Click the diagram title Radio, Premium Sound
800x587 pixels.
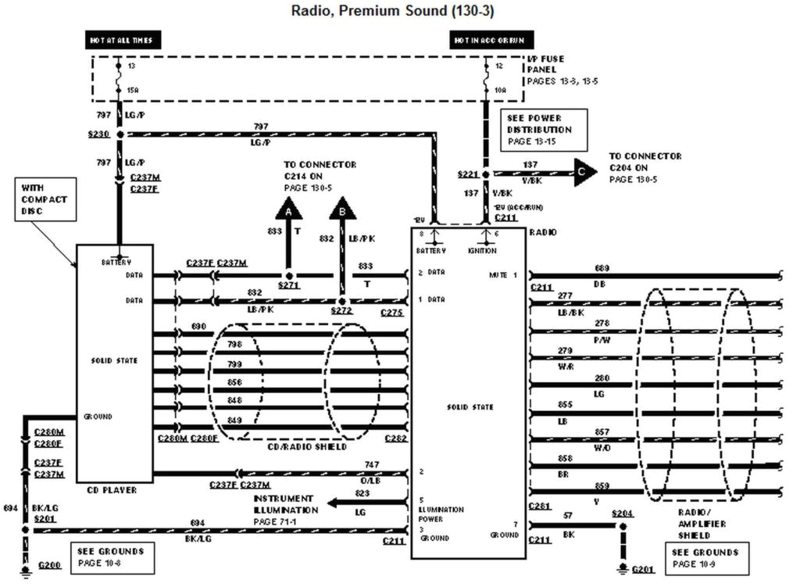tap(392, 10)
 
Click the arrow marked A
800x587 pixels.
tap(288, 209)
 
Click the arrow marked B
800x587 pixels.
tap(341, 209)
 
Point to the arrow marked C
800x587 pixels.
tap(584, 173)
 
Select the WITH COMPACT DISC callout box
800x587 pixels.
tap(44, 199)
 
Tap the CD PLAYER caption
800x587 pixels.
tap(114, 490)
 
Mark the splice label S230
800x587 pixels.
tap(99, 134)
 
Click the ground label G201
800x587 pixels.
tap(643, 569)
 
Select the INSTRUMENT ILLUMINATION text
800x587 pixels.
tap(283, 503)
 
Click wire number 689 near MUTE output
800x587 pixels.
tap(602, 268)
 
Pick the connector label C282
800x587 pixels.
tap(395, 439)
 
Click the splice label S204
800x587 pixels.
tap(622, 514)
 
